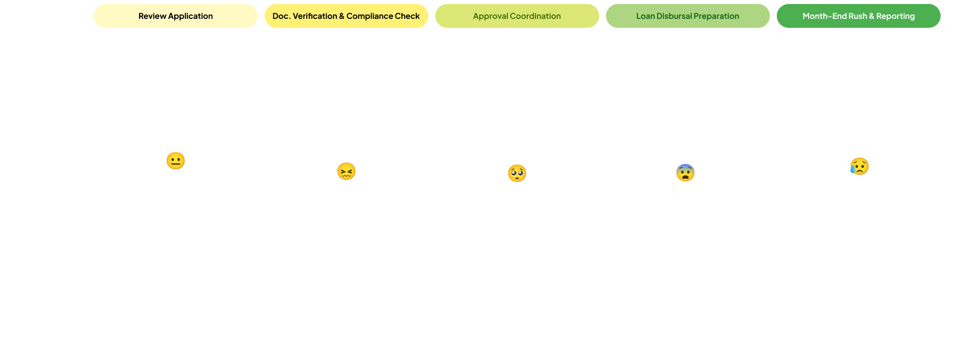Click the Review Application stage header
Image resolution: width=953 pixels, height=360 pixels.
pyautogui.click(x=175, y=16)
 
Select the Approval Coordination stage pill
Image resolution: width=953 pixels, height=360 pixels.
pyautogui.click(x=517, y=16)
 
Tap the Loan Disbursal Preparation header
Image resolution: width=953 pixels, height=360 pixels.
pyautogui.click(x=687, y=16)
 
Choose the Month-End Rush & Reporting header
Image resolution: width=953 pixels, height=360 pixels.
pyautogui.click(x=858, y=16)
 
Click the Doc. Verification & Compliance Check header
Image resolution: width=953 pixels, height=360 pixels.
pyautogui.click(x=346, y=16)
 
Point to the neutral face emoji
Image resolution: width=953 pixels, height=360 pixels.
pyautogui.click(x=175, y=161)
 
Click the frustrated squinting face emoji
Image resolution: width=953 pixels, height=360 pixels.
pyautogui.click(x=346, y=171)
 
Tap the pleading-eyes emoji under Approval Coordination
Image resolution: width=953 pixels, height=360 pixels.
pyautogui.click(x=517, y=173)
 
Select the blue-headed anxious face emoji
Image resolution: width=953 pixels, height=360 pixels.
pyautogui.click(x=685, y=172)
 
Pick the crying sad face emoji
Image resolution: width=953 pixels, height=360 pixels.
pyautogui.click(x=859, y=166)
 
